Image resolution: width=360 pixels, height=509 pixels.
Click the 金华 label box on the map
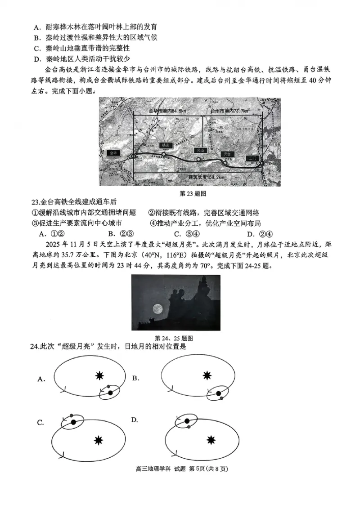(x=113, y=153)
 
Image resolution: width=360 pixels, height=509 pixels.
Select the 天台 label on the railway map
(x=201, y=151)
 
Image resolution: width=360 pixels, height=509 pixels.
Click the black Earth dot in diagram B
(x=219, y=394)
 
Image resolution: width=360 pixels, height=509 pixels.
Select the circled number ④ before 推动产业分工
(x=153, y=223)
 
